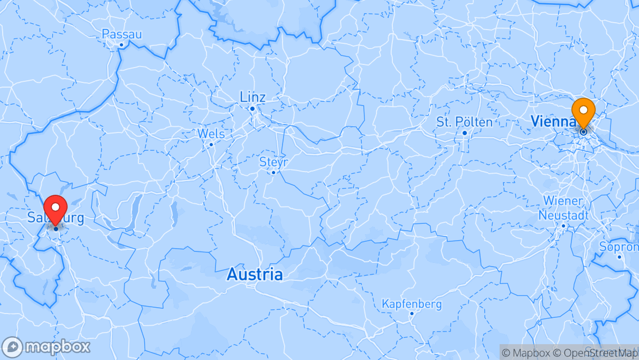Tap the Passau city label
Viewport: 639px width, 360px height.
pos(122,34)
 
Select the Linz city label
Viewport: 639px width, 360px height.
pos(252,97)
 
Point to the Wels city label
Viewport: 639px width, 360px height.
pos(211,134)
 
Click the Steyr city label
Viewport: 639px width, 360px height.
pos(274,162)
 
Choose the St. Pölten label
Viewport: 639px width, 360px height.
pos(464,122)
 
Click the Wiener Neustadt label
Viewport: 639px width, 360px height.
pos(563,208)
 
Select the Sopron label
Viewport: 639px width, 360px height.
pos(619,247)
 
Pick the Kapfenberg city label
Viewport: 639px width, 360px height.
pos(412,304)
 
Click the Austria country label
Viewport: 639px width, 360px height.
pos(255,274)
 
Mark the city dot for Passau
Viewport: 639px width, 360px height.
pos(121,45)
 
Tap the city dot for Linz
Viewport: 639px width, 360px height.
pos(252,109)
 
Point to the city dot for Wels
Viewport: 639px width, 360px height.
pos(211,144)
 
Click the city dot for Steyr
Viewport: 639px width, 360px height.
pos(274,173)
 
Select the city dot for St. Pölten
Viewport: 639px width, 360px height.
pos(465,132)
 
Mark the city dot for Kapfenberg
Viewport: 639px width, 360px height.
pos(412,314)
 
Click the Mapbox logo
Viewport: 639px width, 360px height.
pos(46,347)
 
